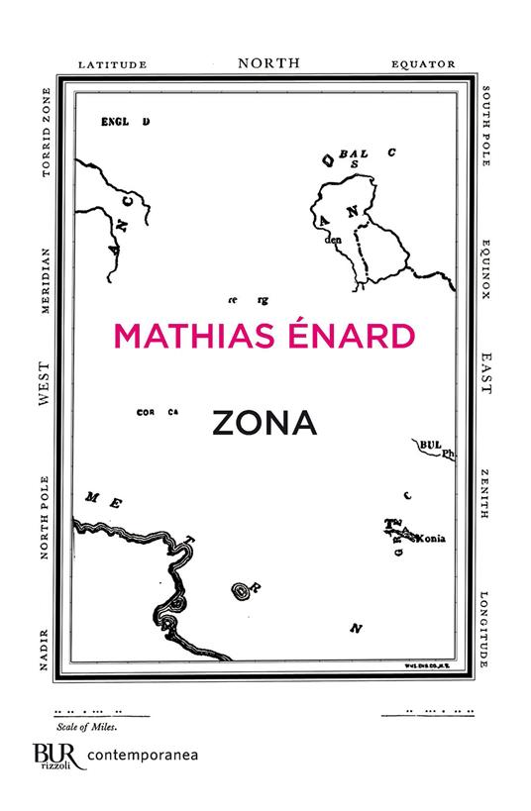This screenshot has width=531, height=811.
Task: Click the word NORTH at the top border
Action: coord(267,62)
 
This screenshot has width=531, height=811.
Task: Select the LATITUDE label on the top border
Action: coord(113,63)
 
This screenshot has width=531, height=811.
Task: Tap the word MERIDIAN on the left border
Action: coord(44,276)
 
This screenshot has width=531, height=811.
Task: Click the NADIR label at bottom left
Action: coord(44,656)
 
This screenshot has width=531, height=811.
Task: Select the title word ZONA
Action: coord(264,423)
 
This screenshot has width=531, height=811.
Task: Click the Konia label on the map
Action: coord(433,539)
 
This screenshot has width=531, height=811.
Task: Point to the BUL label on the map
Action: coord(431,447)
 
